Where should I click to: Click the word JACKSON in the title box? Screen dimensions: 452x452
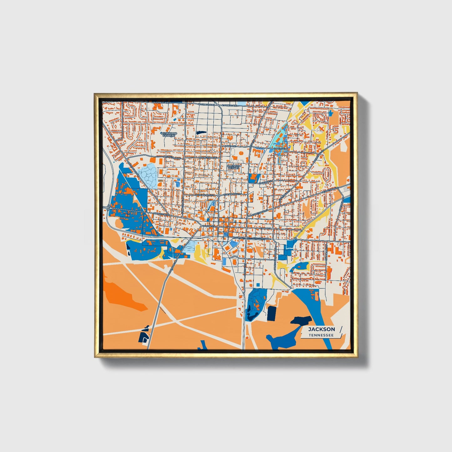coord(321,329)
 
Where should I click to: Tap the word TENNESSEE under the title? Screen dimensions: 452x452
coord(321,335)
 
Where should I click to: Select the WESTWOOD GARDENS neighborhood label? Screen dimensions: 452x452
coord(169,135)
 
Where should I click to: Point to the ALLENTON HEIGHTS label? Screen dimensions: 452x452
coord(234,167)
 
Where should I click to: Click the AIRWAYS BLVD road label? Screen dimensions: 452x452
coord(161,214)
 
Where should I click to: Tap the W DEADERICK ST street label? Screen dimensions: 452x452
coord(205,195)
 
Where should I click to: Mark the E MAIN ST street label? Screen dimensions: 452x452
coord(265,228)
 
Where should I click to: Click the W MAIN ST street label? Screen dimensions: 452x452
coord(207,226)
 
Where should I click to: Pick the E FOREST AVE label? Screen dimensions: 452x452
coord(230,105)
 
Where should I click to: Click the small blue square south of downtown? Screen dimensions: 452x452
coord(258,284)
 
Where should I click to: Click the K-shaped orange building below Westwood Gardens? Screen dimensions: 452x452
coord(153,144)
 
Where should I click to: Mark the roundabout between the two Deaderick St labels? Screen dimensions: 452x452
coord(219,195)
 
